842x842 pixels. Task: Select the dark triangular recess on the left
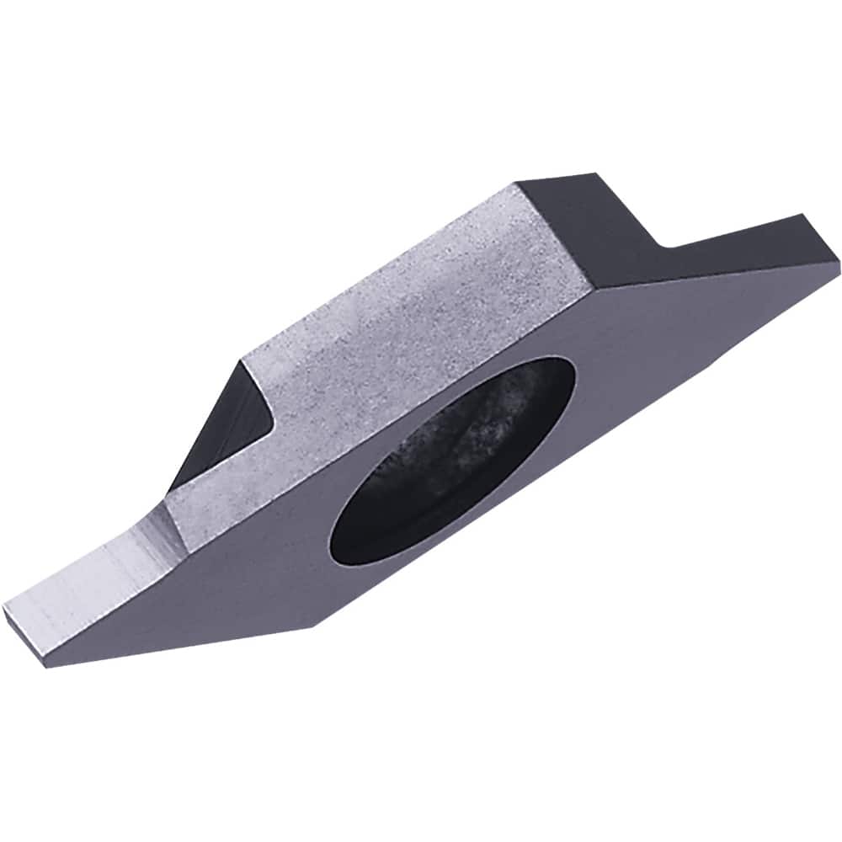pos(223,429)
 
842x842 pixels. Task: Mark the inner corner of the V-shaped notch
pos(665,245)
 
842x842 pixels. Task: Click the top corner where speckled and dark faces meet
pos(516,184)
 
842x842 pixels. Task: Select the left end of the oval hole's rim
pos(330,539)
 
